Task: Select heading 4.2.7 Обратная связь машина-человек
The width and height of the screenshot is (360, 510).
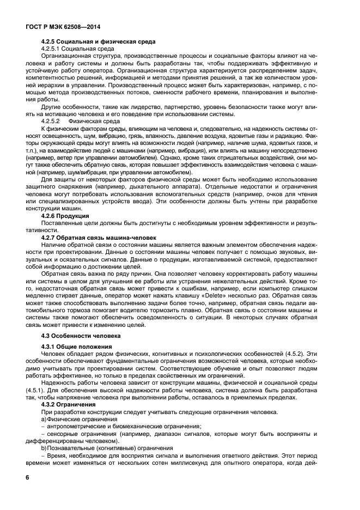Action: pos(99,238)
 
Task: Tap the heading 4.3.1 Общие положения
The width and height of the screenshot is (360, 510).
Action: pos(77,347)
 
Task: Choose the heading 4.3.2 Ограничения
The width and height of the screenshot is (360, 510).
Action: pos(71,404)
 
